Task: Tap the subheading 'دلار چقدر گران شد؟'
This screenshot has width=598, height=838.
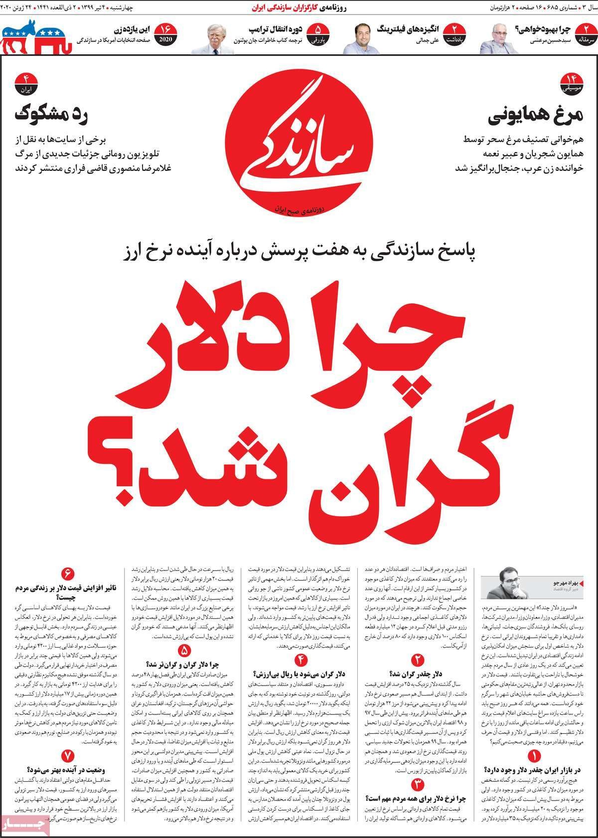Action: tap(417, 674)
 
